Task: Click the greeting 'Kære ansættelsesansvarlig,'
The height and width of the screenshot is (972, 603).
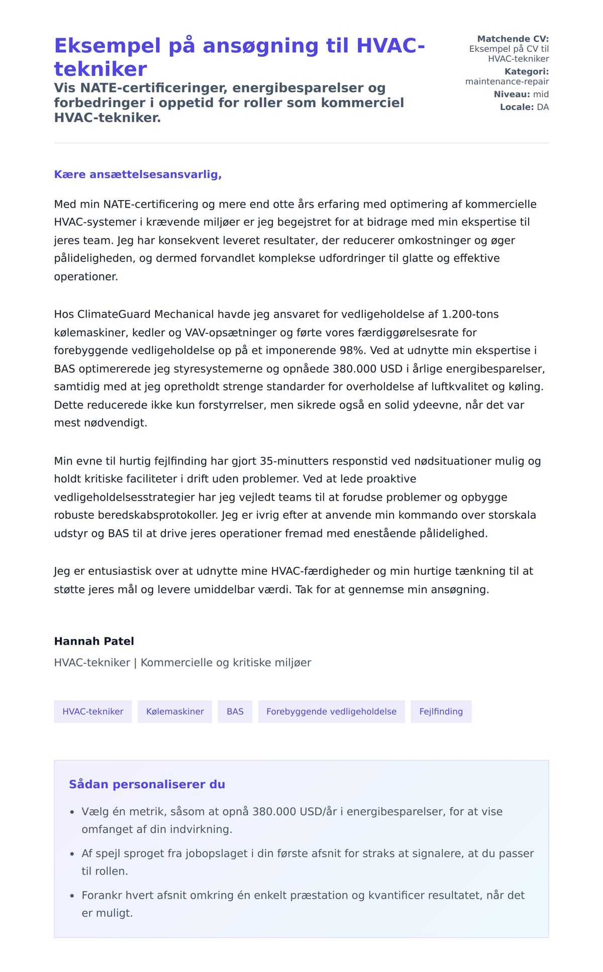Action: [138, 174]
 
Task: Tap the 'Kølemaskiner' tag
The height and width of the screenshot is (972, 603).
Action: [175, 711]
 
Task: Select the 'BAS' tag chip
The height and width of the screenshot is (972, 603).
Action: [235, 711]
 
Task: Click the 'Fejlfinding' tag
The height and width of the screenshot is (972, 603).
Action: [441, 711]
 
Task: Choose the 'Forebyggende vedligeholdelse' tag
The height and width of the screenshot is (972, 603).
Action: [331, 711]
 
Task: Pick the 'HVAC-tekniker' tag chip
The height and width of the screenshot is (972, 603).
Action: [92, 711]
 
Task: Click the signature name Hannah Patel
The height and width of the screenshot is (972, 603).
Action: [94, 641]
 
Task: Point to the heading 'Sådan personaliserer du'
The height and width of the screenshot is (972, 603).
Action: [147, 784]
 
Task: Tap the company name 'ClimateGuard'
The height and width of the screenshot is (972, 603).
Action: [114, 314]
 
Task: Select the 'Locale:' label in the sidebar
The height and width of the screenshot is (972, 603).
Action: [517, 107]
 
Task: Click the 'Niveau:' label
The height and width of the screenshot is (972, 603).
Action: [512, 94]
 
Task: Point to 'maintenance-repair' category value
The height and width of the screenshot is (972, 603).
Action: [507, 81]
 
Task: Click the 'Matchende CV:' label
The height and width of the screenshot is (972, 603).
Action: [513, 39]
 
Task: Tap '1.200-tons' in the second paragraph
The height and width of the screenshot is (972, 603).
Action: [470, 314]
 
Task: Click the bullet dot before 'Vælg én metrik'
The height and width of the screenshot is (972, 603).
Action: [72, 812]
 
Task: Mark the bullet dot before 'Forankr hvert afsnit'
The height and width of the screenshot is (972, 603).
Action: [72, 896]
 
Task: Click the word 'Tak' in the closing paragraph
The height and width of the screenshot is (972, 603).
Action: [304, 589]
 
